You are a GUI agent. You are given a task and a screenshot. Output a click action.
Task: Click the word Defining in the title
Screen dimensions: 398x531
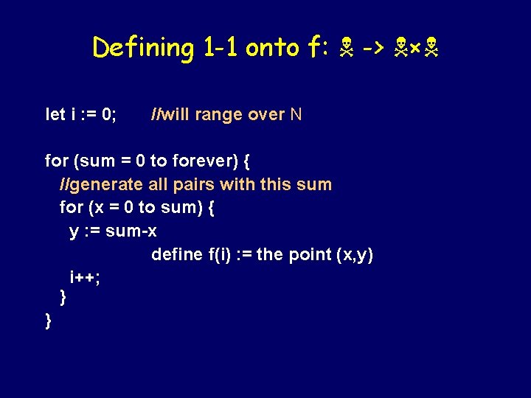[142, 49]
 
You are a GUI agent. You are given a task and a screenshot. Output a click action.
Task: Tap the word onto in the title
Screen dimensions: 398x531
[272, 49]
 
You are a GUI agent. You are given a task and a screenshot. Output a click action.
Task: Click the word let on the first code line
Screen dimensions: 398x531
[55, 114]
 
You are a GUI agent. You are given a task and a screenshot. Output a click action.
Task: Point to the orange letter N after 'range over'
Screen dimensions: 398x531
[296, 114]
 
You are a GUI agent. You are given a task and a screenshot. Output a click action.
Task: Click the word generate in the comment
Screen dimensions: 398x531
[107, 184]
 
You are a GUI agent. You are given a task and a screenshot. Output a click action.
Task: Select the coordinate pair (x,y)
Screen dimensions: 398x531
[354, 255]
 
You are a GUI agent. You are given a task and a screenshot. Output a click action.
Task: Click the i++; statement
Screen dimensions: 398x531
[85, 277]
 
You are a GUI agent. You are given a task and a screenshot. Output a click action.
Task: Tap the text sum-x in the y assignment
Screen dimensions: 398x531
[131, 231]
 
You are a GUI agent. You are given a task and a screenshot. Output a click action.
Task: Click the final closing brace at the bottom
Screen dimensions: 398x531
[49, 321]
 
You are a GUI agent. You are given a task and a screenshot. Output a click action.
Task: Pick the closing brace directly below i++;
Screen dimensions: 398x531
[63, 298]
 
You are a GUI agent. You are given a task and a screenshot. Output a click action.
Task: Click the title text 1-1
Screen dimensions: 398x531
[219, 49]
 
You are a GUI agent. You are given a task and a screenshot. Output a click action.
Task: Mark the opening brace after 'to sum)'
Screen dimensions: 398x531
[212, 208]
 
